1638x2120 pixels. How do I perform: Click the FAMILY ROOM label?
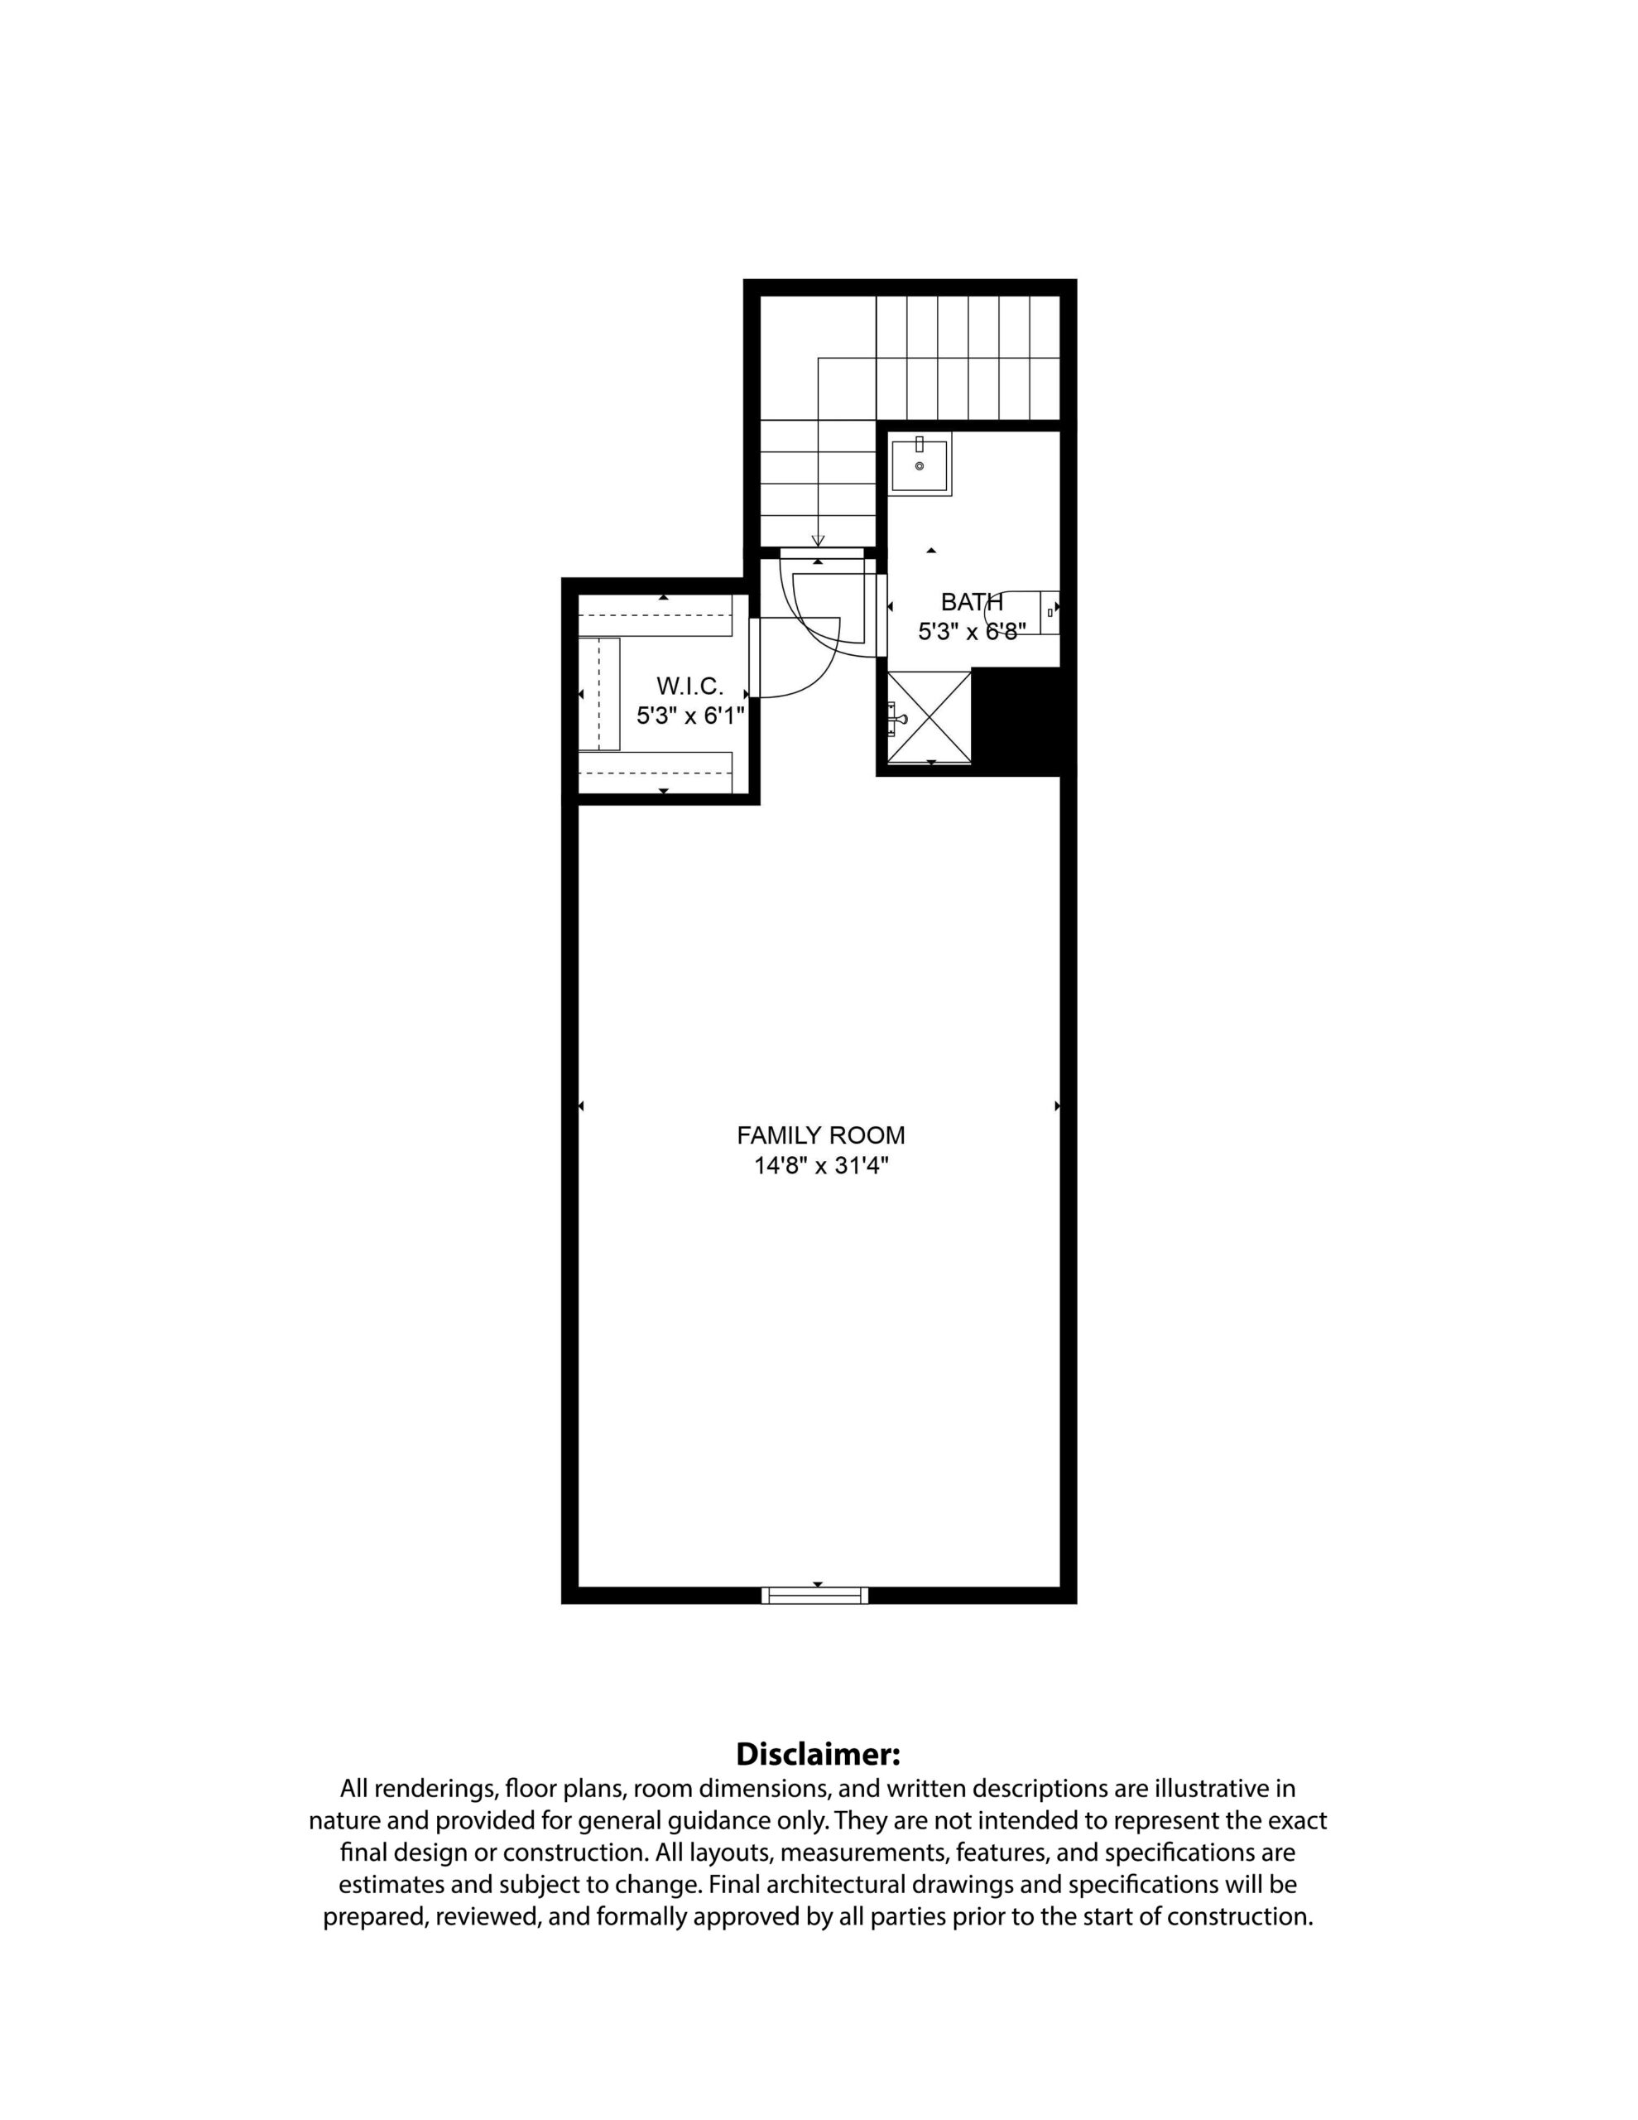click(x=821, y=1135)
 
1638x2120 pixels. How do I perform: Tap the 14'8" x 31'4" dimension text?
click(x=822, y=1166)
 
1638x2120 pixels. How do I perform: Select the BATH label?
click(x=972, y=602)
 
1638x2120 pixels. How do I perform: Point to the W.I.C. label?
click(x=690, y=687)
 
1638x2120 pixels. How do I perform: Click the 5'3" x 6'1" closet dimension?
click(x=690, y=716)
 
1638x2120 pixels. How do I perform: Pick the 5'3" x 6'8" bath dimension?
click(x=973, y=632)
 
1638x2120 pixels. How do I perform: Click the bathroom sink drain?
click(x=919, y=466)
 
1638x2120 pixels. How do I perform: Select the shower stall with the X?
click(x=929, y=718)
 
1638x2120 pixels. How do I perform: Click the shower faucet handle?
click(x=896, y=720)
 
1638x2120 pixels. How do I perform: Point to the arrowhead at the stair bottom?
click(x=818, y=542)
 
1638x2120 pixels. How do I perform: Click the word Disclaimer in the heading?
click(x=818, y=1754)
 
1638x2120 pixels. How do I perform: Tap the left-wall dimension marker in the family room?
click(x=581, y=1106)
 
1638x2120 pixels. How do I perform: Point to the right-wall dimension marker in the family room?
click(x=1058, y=1106)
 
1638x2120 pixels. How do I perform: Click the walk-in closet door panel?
click(x=753, y=658)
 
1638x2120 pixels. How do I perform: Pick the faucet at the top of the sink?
click(x=919, y=445)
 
